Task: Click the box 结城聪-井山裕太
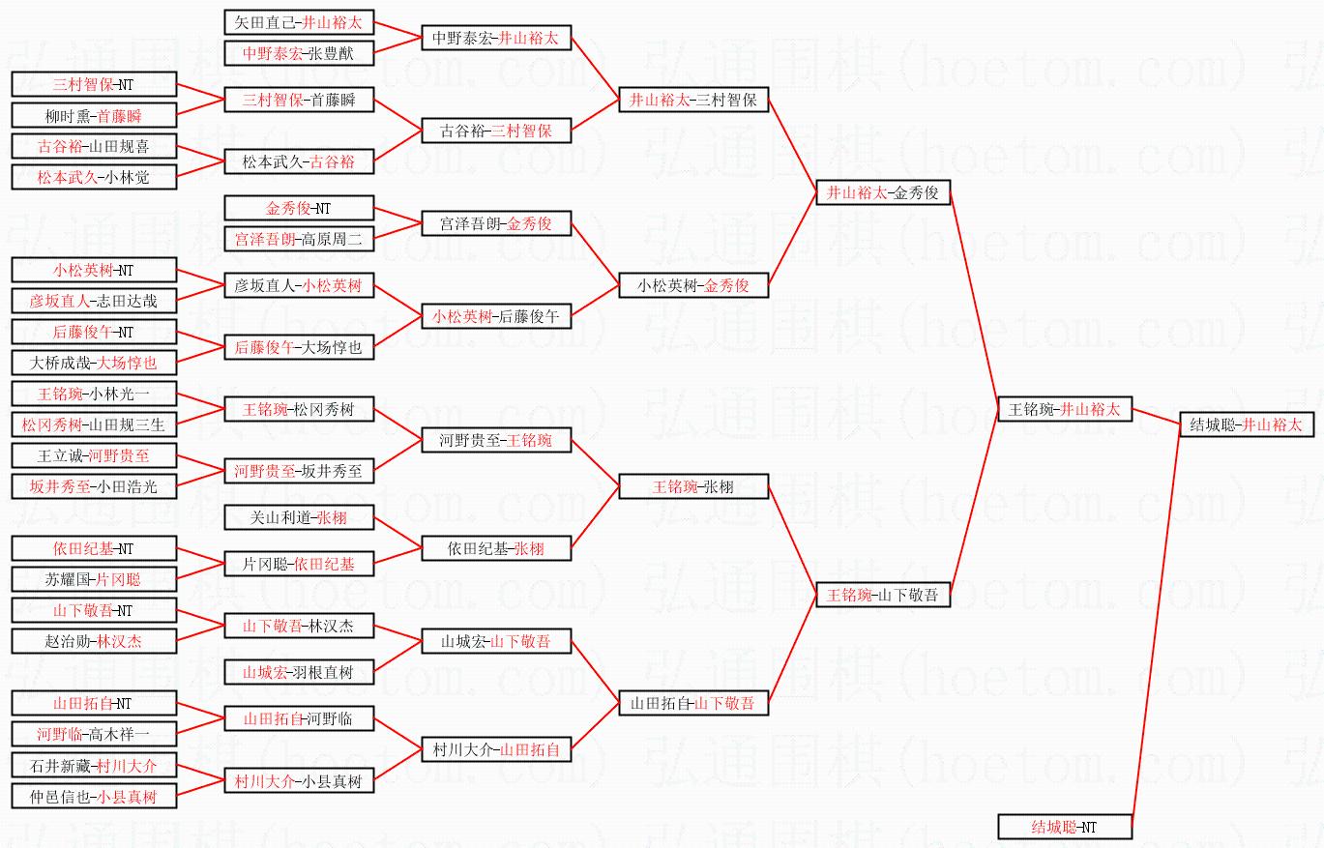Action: tap(1246, 424)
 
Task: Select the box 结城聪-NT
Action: tap(1064, 827)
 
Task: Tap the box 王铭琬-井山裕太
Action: tap(1064, 409)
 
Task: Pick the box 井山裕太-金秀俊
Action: tap(883, 192)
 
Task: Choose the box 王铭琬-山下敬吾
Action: tap(883, 595)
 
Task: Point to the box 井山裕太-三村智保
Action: tap(693, 100)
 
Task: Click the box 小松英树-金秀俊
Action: tap(693, 285)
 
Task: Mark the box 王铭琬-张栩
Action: tap(693, 486)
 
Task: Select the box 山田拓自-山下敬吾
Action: tap(693, 703)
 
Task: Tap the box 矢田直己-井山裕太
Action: tap(299, 22)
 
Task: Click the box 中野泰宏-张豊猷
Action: tap(299, 53)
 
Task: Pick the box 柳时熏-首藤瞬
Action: tap(94, 116)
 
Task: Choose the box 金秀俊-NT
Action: tap(299, 208)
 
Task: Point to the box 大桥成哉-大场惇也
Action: tap(94, 363)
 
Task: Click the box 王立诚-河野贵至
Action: tap(94, 455)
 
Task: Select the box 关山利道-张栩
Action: tap(299, 517)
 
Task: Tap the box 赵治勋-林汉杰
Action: tap(94, 641)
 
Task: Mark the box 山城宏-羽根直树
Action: tap(299, 672)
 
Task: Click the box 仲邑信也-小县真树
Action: tap(94, 797)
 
